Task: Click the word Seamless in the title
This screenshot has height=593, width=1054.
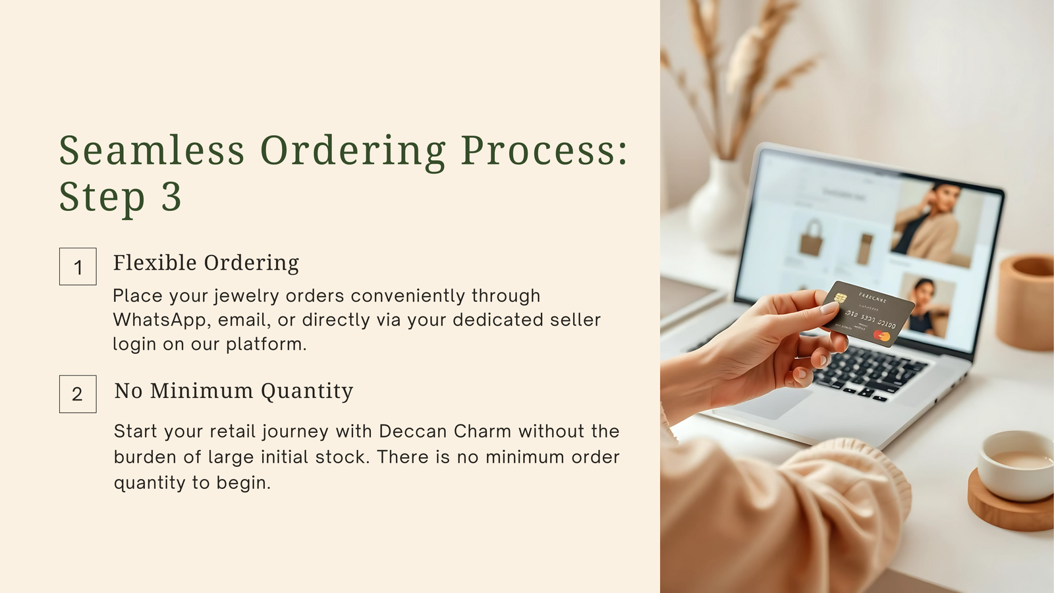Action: pos(152,150)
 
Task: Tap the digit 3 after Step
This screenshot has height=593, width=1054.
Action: pos(171,196)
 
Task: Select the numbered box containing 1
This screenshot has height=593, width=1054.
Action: pos(78,266)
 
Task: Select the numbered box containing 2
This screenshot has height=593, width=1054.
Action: pos(78,394)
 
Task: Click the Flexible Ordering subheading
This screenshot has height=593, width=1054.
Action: pos(206,263)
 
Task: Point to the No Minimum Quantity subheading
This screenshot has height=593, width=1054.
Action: pos(233,391)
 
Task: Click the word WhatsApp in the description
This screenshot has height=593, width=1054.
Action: pos(159,320)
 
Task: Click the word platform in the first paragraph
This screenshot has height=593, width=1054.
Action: pos(266,345)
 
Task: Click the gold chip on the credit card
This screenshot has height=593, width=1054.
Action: pos(841,297)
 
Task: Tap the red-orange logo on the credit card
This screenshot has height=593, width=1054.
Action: pos(882,336)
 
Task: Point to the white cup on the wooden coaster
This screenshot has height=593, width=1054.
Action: pos(1016,465)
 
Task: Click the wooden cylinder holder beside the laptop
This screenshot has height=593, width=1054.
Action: pos(1025,301)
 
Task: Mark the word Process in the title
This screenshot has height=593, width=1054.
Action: pos(544,150)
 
